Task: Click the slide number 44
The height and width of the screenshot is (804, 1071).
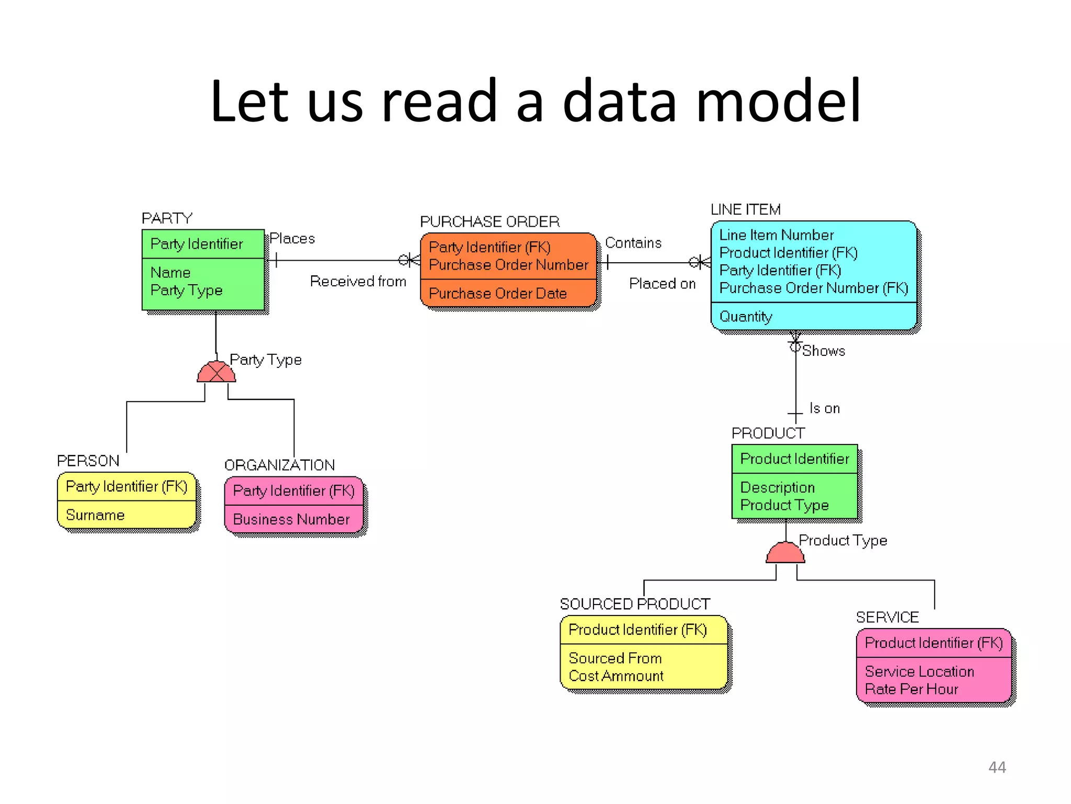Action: [997, 767]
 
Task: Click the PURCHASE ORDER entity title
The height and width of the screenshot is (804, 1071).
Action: [489, 222]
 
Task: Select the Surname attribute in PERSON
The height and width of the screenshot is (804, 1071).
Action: [95, 515]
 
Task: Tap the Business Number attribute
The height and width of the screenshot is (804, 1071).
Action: [291, 519]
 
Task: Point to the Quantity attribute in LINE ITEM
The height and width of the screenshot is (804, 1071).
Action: [746, 317]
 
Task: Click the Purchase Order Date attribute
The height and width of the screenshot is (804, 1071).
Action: [497, 294]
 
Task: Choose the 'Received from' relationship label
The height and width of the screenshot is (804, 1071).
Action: [358, 282]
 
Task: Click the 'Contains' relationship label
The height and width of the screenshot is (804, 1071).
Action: [633, 243]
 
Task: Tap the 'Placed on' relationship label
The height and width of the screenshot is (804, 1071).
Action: [662, 284]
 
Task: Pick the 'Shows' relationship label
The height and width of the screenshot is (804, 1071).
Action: [824, 351]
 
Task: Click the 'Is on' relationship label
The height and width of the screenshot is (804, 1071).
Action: [825, 408]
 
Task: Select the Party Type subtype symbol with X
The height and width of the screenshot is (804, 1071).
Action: [216, 372]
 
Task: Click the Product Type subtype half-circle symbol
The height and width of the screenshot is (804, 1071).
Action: [785, 553]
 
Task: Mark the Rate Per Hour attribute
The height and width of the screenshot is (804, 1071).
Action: [912, 689]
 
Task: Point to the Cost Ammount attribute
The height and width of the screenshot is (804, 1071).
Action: [616, 676]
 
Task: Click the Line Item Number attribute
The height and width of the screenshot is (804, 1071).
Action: [777, 235]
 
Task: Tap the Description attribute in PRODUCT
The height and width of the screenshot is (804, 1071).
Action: [778, 487]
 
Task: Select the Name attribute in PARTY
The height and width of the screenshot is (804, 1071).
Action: [170, 273]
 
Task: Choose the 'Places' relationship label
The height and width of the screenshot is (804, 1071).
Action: [292, 239]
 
